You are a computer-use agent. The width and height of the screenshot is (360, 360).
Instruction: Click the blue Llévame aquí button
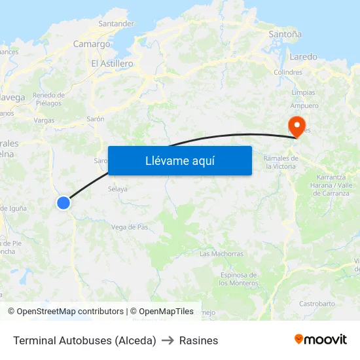pos(179,160)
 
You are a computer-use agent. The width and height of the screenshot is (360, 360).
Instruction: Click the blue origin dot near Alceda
pos(63,203)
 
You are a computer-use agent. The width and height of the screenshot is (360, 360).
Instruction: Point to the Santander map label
pos(116,24)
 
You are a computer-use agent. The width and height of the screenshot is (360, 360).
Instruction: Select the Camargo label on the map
pos(92,44)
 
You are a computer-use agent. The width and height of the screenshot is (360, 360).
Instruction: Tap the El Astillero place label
pos(112,63)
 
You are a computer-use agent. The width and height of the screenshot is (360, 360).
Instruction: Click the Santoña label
pos(285,33)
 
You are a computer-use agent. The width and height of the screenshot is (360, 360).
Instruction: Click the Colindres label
pos(288,73)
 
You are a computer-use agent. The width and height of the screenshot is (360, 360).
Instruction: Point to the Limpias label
pos(303,93)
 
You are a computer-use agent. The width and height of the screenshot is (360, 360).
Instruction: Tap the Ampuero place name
pos(304,105)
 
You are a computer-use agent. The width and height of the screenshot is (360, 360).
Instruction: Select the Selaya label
pos(117,189)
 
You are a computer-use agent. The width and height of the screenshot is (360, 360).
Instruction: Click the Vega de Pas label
pos(130,227)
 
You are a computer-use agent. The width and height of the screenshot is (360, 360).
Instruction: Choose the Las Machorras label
pos(221,253)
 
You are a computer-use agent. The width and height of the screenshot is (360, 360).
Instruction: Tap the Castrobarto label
pos(317,304)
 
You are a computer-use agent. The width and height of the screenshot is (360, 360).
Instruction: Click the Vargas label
pos(44,120)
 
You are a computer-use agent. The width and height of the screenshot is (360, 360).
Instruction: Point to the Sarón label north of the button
pos(96,120)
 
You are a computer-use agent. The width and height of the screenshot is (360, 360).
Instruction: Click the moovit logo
pos(321,339)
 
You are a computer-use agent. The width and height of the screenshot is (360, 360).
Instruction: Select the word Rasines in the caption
pos(198,340)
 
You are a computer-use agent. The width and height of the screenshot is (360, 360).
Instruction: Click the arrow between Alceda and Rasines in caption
pos(168,340)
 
